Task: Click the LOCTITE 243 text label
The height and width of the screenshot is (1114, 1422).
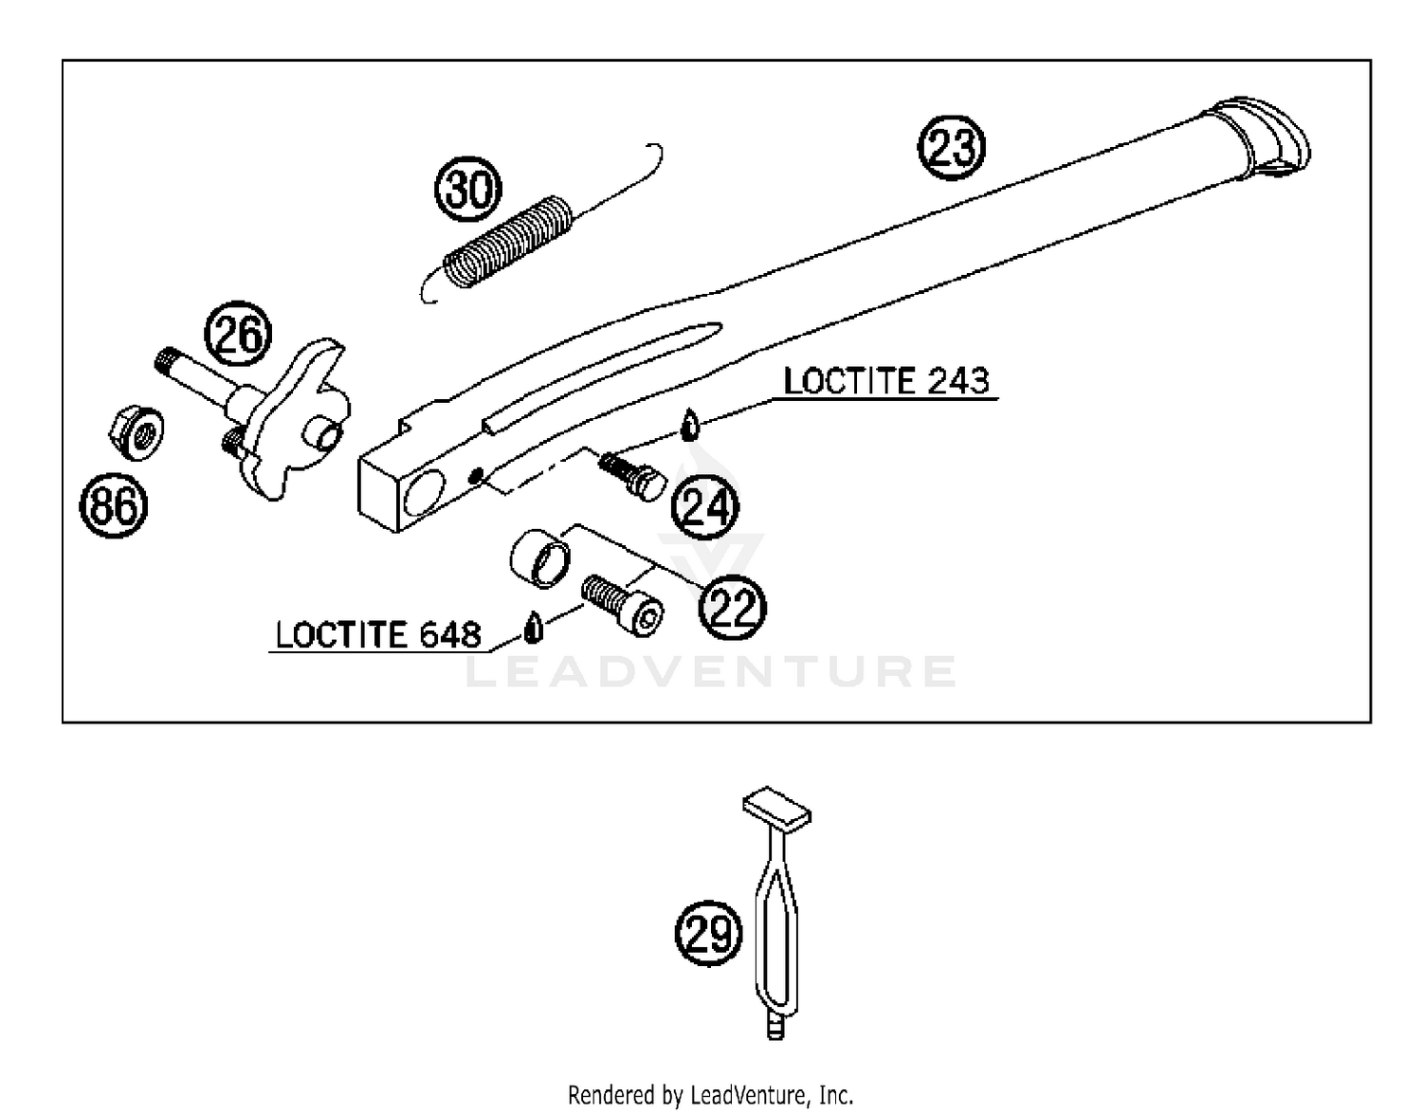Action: pyautogui.click(x=885, y=381)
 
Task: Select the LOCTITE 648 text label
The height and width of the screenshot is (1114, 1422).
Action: pyautogui.click(x=378, y=634)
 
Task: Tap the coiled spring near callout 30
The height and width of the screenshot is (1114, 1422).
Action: pyautogui.click(x=509, y=240)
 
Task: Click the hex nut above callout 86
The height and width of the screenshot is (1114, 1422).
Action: pyautogui.click(x=136, y=433)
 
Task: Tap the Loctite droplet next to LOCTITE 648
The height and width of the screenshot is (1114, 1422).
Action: pyautogui.click(x=534, y=627)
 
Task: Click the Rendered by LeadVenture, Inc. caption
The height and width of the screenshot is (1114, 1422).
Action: pyautogui.click(x=710, y=1095)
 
